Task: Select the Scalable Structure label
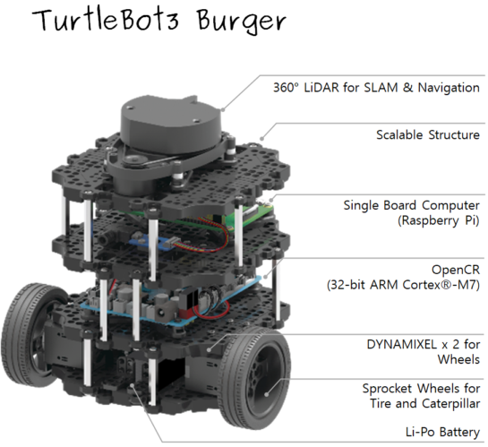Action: pyautogui.click(x=427, y=134)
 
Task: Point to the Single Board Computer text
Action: pyautogui.click(x=411, y=205)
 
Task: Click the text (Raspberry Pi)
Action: pyautogui.click(x=434, y=221)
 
